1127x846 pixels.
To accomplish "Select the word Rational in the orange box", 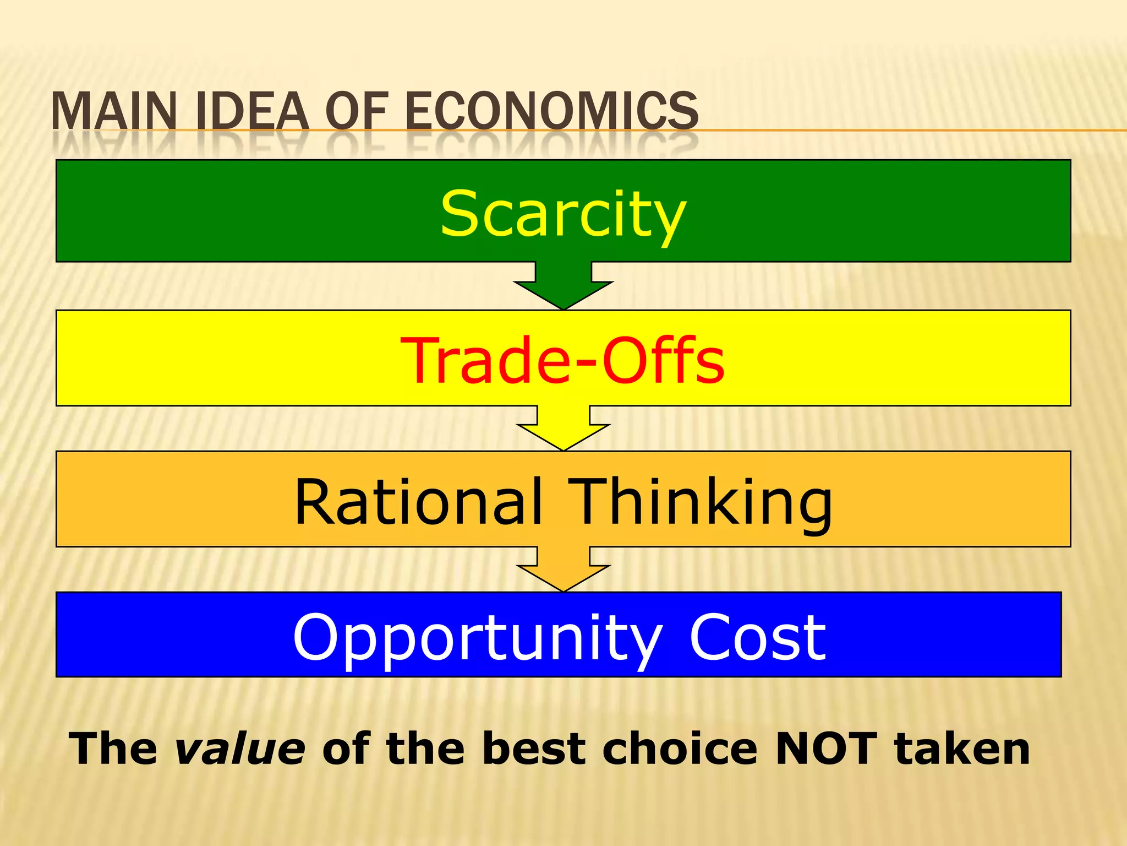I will coord(418,501).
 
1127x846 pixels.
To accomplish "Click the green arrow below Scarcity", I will coord(563,286).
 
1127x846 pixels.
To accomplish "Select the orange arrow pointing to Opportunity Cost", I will coord(563,570).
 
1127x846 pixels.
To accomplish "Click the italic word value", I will coord(240,749).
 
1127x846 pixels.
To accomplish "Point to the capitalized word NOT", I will coord(825,749).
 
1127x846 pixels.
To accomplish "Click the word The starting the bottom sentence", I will coord(113,749).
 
